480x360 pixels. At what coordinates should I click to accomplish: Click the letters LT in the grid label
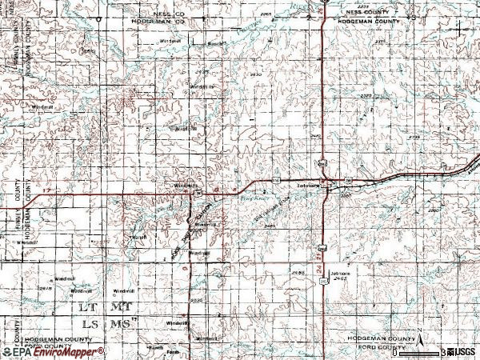pyautogui.click(x=88, y=306)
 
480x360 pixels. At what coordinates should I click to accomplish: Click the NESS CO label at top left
pyautogui.click(x=157, y=14)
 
